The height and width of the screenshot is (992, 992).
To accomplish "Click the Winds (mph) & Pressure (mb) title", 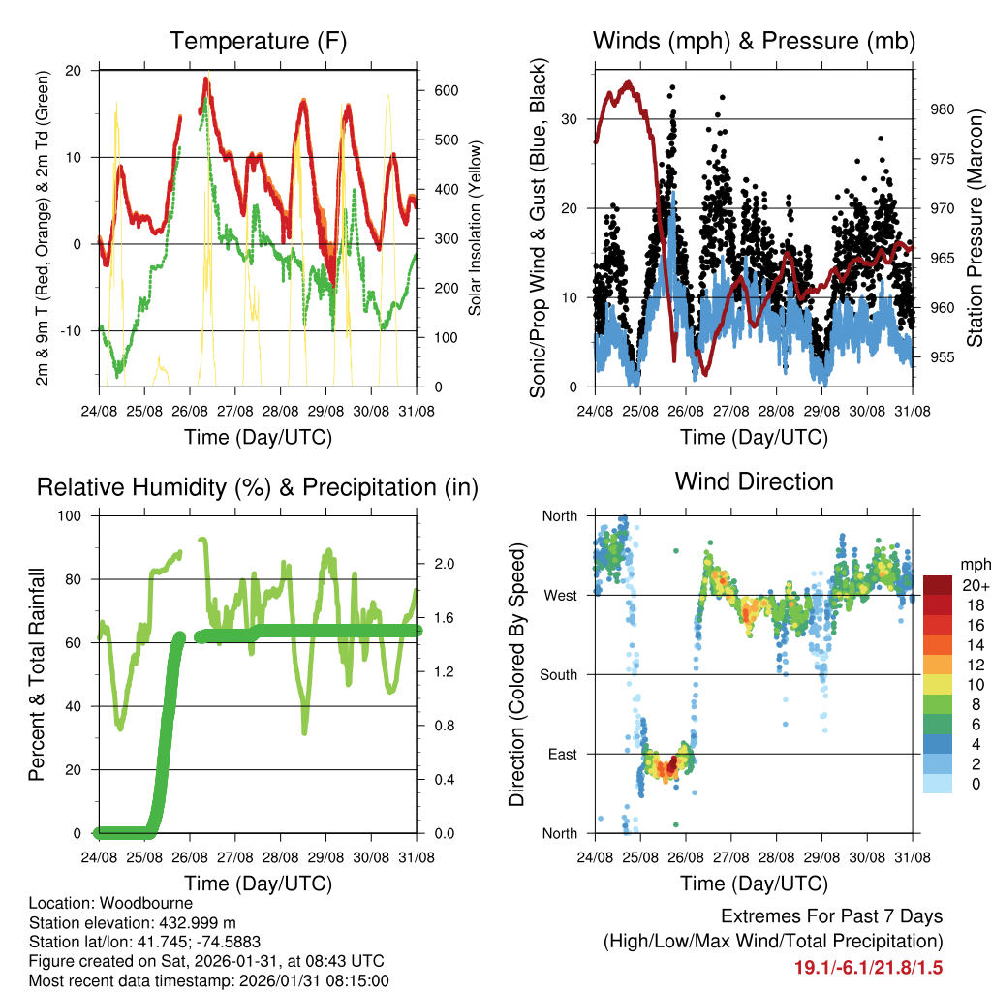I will coord(754,42).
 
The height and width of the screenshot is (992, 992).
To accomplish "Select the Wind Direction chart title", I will coord(754,481).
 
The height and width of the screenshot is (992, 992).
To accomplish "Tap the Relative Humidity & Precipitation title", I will coord(257,487).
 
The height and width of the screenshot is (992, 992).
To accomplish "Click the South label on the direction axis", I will coord(558,674).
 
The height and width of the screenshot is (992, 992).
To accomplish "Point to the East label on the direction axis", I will coord(562,754).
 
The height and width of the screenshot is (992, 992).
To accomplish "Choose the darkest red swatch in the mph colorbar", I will coord(940,585).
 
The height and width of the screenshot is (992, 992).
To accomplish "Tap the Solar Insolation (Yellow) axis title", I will coord(476,227).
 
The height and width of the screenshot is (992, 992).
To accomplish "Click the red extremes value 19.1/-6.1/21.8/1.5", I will coord(868,968).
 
